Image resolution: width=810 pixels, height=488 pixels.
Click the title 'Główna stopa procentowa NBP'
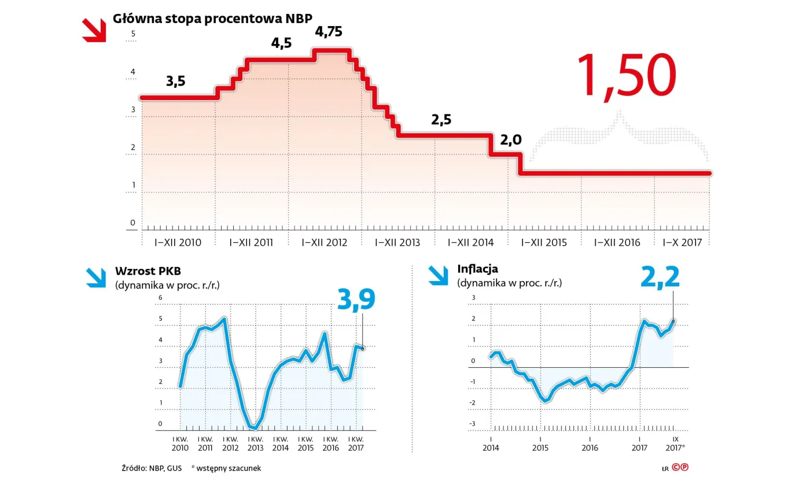(x=212, y=18)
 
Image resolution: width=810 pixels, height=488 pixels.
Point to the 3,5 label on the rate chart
(x=175, y=82)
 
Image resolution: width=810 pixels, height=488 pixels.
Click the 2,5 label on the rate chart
(x=441, y=120)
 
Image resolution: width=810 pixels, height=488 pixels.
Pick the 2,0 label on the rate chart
(x=510, y=139)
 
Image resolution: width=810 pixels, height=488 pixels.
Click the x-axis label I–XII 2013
(x=397, y=242)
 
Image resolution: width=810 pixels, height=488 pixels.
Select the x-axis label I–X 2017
(x=682, y=242)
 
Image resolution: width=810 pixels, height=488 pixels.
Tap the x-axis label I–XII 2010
(x=178, y=242)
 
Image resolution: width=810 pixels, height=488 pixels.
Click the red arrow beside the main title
(x=94, y=30)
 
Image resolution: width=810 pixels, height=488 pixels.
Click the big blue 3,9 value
(x=356, y=300)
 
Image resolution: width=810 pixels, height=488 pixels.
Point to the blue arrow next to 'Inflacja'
(x=439, y=275)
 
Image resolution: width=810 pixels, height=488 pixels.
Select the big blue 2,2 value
(x=660, y=278)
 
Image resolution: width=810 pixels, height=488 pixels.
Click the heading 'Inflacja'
(x=477, y=269)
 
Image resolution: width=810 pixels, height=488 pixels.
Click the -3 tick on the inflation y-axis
(x=472, y=424)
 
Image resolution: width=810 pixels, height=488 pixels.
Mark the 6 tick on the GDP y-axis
(x=160, y=297)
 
